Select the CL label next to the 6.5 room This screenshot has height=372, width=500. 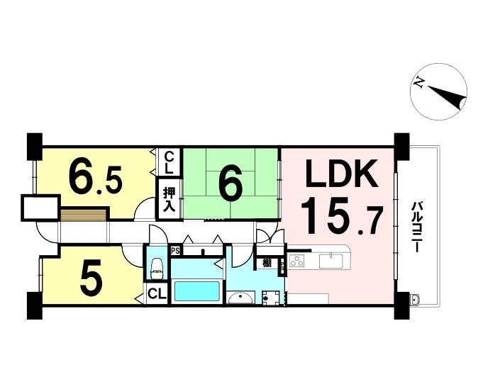click(x=170, y=162)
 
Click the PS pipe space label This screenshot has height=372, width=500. click(x=175, y=251)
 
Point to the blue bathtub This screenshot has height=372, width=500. click(x=196, y=291)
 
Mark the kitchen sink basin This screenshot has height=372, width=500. click(x=330, y=261)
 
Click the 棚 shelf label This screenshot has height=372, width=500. click(x=267, y=264)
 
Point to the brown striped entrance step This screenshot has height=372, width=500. click(x=83, y=215)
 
